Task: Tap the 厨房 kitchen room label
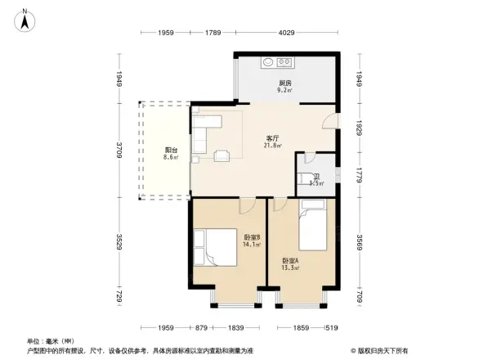coord(284,83)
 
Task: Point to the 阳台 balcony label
coord(171,150)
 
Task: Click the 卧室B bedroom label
coord(252,236)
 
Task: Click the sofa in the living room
coord(207,133)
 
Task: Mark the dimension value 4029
coord(285,34)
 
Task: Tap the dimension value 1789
coord(213,34)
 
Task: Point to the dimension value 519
coord(330,327)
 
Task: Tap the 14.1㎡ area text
coord(252,244)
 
